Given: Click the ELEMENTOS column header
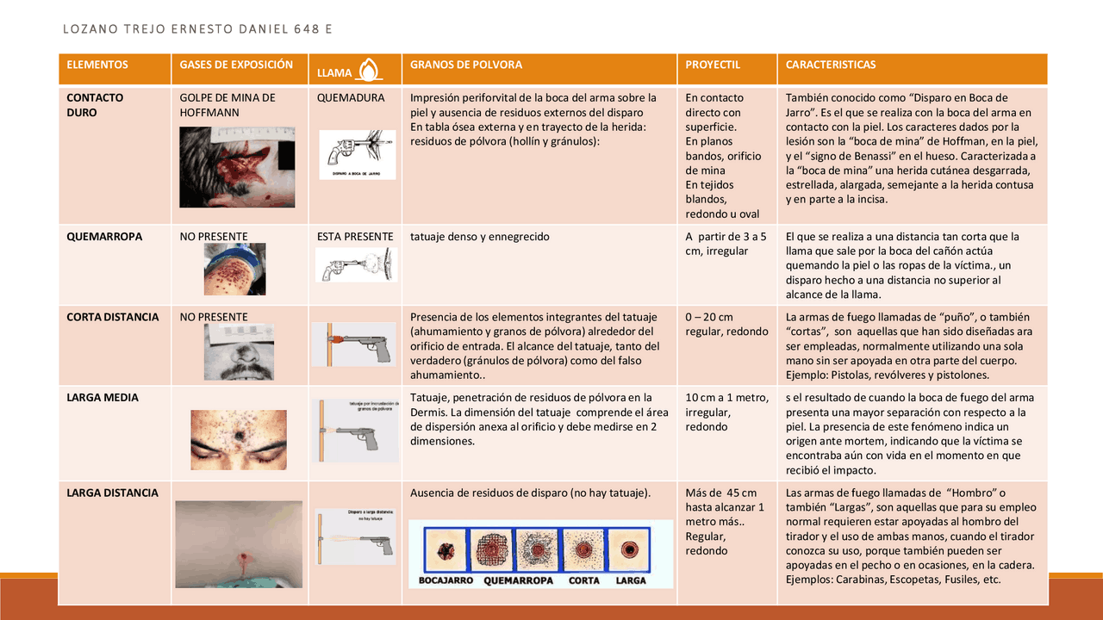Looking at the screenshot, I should tap(97, 65).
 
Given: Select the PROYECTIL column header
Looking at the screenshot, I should tap(713, 65).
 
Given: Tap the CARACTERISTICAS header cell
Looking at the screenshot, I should tap(831, 65).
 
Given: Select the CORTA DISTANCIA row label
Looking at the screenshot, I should tap(113, 317).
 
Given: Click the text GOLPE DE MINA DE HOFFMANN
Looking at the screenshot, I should tap(227, 105).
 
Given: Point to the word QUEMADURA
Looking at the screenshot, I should tap(351, 97).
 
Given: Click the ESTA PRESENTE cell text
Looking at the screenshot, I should tap(355, 236).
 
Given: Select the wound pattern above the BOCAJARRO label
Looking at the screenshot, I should tap(446, 548).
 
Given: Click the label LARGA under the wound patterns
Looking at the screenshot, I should tap(631, 580).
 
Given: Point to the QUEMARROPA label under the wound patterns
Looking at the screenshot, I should tap(518, 580).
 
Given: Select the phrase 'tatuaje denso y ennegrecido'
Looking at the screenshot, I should tap(479, 236).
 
